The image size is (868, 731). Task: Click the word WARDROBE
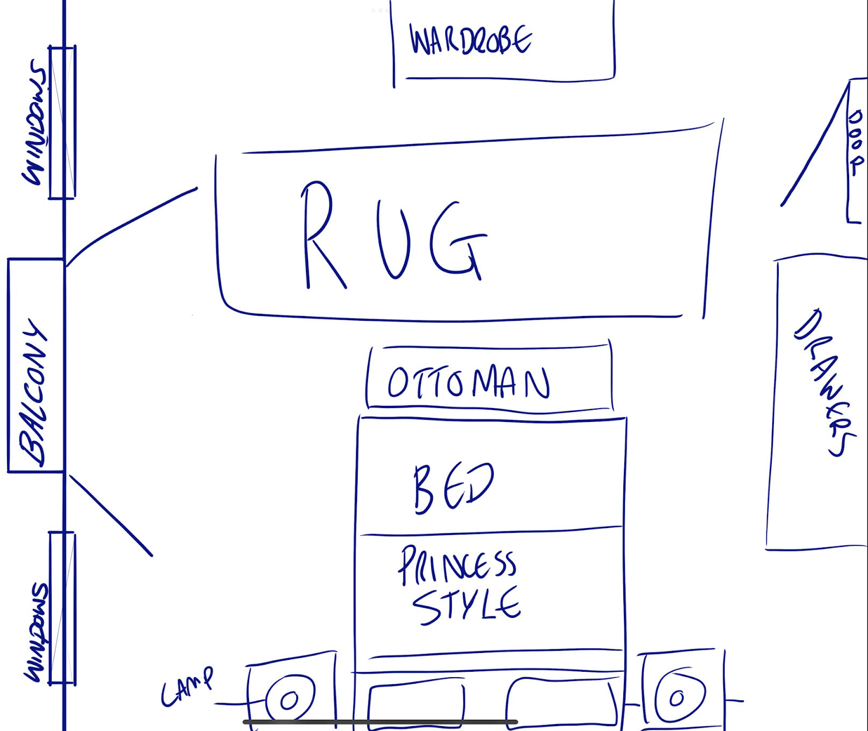pyautogui.click(x=471, y=40)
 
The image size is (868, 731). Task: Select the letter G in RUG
pyautogui.click(x=457, y=240)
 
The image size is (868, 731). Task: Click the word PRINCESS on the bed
pyautogui.click(x=457, y=565)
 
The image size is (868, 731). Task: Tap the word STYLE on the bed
pyautogui.click(x=466, y=606)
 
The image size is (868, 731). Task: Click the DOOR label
pyautogui.click(x=855, y=142)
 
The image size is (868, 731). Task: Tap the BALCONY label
pyautogui.click(x=34, y=393)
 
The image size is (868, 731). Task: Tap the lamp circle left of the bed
pyautogui.click(x=289, y=699)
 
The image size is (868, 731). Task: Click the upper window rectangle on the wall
pyautogui.click(x=62, y=123)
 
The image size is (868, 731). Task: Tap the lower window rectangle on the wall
pyautogui.click(x=62, y=608)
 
